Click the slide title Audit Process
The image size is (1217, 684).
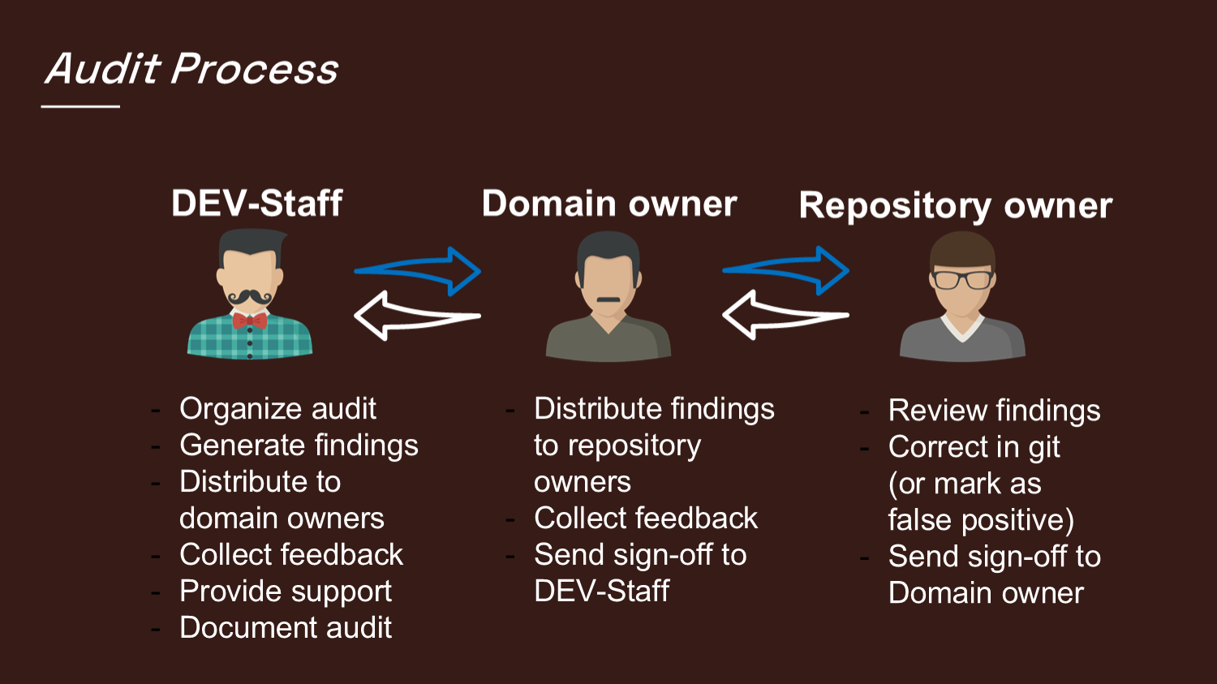191,69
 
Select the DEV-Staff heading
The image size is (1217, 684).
256,203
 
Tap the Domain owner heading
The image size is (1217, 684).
608,203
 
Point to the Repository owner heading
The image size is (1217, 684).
955,206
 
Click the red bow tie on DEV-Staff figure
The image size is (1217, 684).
249,320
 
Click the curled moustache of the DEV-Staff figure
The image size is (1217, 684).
250,297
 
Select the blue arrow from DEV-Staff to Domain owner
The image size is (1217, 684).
419,270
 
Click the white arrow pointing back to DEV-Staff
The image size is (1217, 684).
417,316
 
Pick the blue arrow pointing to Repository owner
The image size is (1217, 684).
786,270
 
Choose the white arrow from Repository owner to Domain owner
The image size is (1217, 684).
785,315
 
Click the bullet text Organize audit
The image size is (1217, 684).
277,409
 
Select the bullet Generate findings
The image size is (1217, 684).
299,445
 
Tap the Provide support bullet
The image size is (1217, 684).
286,592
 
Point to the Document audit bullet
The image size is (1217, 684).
286,628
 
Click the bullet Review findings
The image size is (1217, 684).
994,411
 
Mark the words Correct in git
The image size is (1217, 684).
974,447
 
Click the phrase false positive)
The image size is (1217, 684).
980,520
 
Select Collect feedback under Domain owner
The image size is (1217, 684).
646,518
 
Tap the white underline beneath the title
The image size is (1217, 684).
80,106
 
